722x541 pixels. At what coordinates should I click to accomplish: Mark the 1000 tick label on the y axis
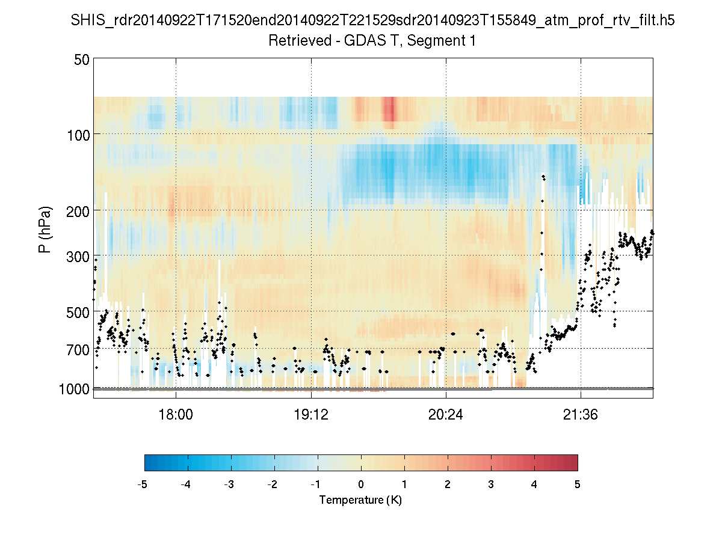pyautogui.click(x=75, y=389)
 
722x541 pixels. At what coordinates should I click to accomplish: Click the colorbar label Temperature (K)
pyautogui.click(x=360, y=500)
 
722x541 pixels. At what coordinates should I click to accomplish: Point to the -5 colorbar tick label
pyautogui.click(x=143, y=484)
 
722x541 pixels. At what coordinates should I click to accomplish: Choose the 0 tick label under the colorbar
pyautogui.click(x=361, y=484)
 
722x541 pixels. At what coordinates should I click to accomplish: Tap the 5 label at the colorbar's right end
pyautogui.click(x=578, y=484)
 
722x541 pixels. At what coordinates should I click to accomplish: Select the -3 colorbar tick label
pyautogui.click(x=229, y=484)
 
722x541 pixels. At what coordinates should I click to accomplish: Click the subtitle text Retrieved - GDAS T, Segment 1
pyautogui.click(x=373, y=41)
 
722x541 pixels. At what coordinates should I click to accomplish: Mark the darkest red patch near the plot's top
pyautogui.click(x=389, y=110)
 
